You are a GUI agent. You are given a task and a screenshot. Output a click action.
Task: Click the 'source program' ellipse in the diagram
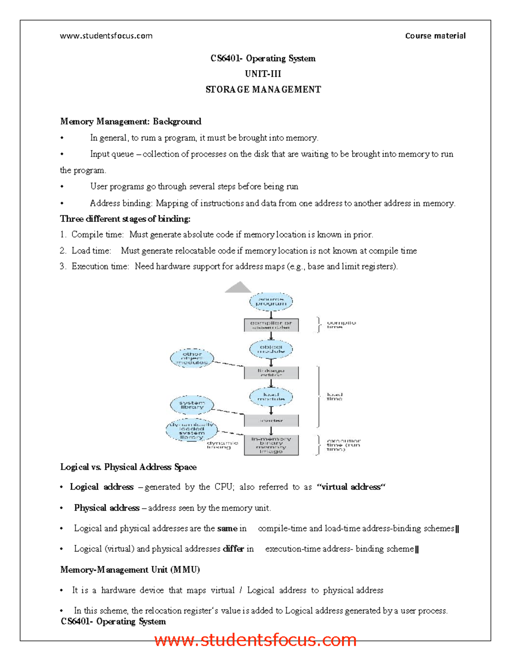click(x=271, y=302)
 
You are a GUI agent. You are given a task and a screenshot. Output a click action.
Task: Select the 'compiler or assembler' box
click(x=271, y=325)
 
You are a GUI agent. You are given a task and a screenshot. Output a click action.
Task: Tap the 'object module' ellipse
click(x=271, y=349)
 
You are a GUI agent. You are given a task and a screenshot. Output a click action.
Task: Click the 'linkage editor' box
click(x=271, y=373)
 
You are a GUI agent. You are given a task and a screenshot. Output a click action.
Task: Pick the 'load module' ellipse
click(x=271, y=397)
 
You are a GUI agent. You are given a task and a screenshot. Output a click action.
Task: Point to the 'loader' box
click(x=271, y=421)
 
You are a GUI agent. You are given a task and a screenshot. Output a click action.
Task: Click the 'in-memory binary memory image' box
click(x=271, y=445)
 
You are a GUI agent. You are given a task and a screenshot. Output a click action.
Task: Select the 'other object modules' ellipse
click(x=192, y=358)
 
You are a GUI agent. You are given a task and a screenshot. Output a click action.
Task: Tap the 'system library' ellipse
click(x=192, y=405)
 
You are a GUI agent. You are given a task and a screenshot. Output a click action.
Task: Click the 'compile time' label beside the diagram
click(x=341, y=324)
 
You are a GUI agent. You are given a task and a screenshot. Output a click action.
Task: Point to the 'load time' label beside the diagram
click(x=334, y=396)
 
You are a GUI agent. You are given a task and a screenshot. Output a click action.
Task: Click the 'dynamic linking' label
click(x=222, y=445)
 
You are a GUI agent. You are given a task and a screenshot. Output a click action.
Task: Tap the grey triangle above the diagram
click(x=238, y=288)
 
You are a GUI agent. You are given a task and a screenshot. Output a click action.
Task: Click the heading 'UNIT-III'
click(x=263, y=74)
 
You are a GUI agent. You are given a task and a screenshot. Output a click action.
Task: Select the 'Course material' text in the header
click(x=435, y=36)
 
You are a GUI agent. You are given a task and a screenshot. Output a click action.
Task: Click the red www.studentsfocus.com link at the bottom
click(x=255, y=640)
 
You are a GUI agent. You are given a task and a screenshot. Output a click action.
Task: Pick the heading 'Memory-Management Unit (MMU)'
click(x=130, y=569)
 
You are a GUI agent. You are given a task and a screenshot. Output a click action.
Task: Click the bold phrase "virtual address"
click(x=351, y=487)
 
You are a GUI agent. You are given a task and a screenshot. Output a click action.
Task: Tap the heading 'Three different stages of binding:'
click(x=125, y=219)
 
